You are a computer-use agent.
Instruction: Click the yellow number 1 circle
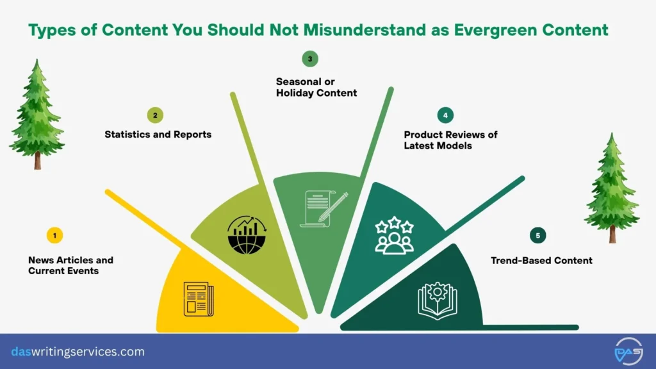point(54,236)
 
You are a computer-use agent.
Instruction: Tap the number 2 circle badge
point(154,115)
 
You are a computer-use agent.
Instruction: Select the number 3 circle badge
point(310,59)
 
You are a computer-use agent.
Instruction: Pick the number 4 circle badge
point(444,115)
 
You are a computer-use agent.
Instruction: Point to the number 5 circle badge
point(537,236)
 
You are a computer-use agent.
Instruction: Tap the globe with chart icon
point(247,234)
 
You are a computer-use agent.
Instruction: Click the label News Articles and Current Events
point(70,265)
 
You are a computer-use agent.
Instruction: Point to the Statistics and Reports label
point(158,135)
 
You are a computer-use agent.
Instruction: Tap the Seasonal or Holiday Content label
point(316,87)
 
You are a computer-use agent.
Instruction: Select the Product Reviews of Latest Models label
point(450,140)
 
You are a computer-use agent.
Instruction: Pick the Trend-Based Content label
point(541,260)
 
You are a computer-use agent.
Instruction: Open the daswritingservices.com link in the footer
point(78,352)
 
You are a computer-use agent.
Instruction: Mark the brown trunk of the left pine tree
point(38,160)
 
